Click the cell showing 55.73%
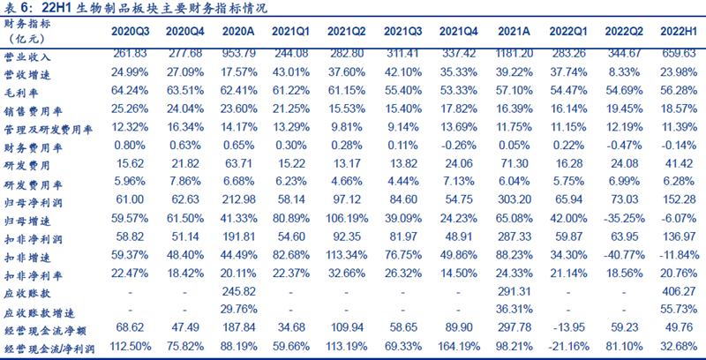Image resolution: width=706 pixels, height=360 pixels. pos(679,309)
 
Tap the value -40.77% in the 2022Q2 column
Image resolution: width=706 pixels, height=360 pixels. pos(623,254)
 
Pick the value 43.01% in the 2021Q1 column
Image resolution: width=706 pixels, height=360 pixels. pos(293,72)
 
